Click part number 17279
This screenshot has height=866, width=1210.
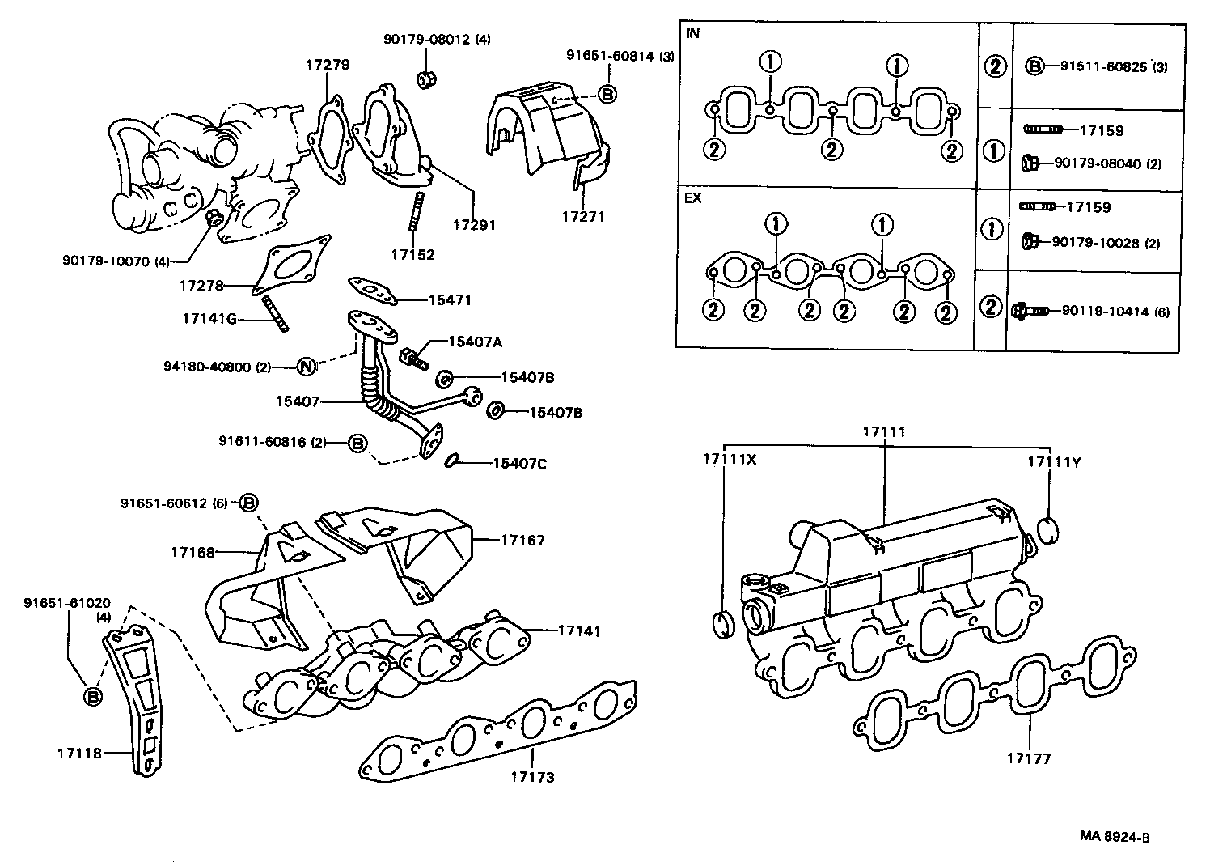click(x=328, y=64)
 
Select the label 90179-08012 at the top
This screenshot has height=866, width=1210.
click(x=425, y=38)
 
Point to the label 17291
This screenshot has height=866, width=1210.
click(x=474, y=226)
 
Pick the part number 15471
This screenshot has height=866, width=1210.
click(x=449, y=299)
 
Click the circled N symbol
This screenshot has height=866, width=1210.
click(x=306, y=367)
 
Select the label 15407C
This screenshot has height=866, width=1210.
click(x=520, y=464)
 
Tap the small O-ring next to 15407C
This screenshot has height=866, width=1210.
click(x=453, y=461)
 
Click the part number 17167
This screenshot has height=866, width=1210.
click(x=522, y=540)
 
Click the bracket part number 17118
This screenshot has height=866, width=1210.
click(x=78, y=753)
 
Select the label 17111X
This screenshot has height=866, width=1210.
click(x=729, y=459)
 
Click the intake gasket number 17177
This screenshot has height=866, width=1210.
click(x=1028, y=758)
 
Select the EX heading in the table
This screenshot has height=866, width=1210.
click(x=693, y=198)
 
